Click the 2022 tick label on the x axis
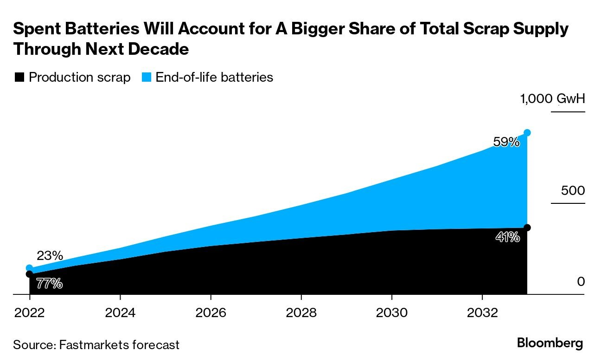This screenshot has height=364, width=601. [x=30, y=312]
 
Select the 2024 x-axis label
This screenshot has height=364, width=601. [x=120, y=312]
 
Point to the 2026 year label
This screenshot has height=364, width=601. [x=211, y=312]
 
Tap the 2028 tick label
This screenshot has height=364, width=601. [x=301, y=312]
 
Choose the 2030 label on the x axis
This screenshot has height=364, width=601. [x=392, y=312]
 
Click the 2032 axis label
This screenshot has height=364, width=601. [x=482, y=312]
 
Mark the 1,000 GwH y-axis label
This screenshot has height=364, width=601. [x=552, y=99]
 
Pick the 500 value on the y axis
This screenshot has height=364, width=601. [x=573, y=191]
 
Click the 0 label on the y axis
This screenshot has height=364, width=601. [x=581, y=282]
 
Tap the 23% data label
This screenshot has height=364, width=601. [x=50, y=255]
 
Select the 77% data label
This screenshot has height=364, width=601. [x=49, y=284]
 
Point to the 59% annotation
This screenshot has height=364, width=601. [x=506, y=142]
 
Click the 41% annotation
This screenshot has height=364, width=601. [x=507, y=237]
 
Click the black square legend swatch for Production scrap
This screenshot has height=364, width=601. [x=19, y=78]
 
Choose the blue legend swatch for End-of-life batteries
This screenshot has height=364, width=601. [x=146, y=78]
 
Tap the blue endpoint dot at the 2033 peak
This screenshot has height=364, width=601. [x=527, y=133]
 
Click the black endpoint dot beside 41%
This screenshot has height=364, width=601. [x=527, y=227]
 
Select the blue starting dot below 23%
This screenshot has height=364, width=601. [x=30, y=268]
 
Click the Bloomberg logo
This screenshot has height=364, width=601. [x=550, y=344]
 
